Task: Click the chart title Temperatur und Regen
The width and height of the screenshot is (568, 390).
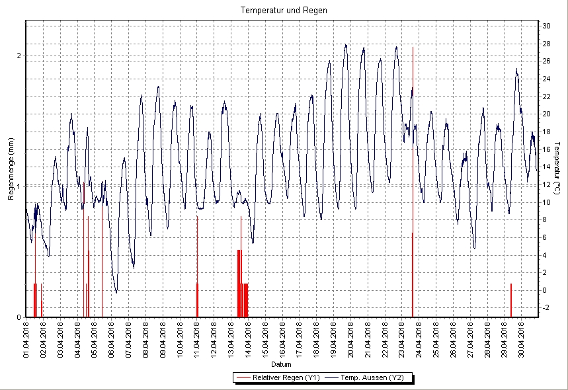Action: pos(284,11)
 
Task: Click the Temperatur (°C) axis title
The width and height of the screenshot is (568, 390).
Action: pos(557,169)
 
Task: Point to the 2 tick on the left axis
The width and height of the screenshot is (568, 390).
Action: pos(19,56)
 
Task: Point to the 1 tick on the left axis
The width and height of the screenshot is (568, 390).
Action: pos(19,186)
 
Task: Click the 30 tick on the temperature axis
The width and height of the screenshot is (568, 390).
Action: pos(546,26)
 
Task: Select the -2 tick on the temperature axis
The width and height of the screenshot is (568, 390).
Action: pos(546,307)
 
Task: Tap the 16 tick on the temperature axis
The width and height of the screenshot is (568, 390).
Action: pos(546,149)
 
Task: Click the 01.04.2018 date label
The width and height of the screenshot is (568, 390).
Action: pos(26,339)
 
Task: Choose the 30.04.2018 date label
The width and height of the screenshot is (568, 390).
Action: pos(522,339)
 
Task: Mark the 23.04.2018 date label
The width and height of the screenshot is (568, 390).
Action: pos(402,339)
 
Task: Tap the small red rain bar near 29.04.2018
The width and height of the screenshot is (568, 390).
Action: pos(511,300)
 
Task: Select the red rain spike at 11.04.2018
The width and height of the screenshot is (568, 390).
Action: pos(197,264)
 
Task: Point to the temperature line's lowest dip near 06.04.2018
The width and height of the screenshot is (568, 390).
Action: pos(116,292)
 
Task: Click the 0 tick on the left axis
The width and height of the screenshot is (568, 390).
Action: pos(19,317)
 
